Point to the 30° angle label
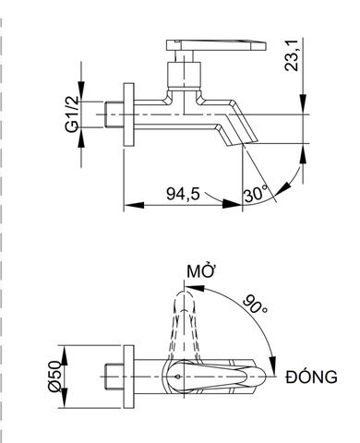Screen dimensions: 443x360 pyautogui.click(x=256, y=195)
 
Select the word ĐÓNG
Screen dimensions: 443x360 pyautogui.click(x=312, y=377)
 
